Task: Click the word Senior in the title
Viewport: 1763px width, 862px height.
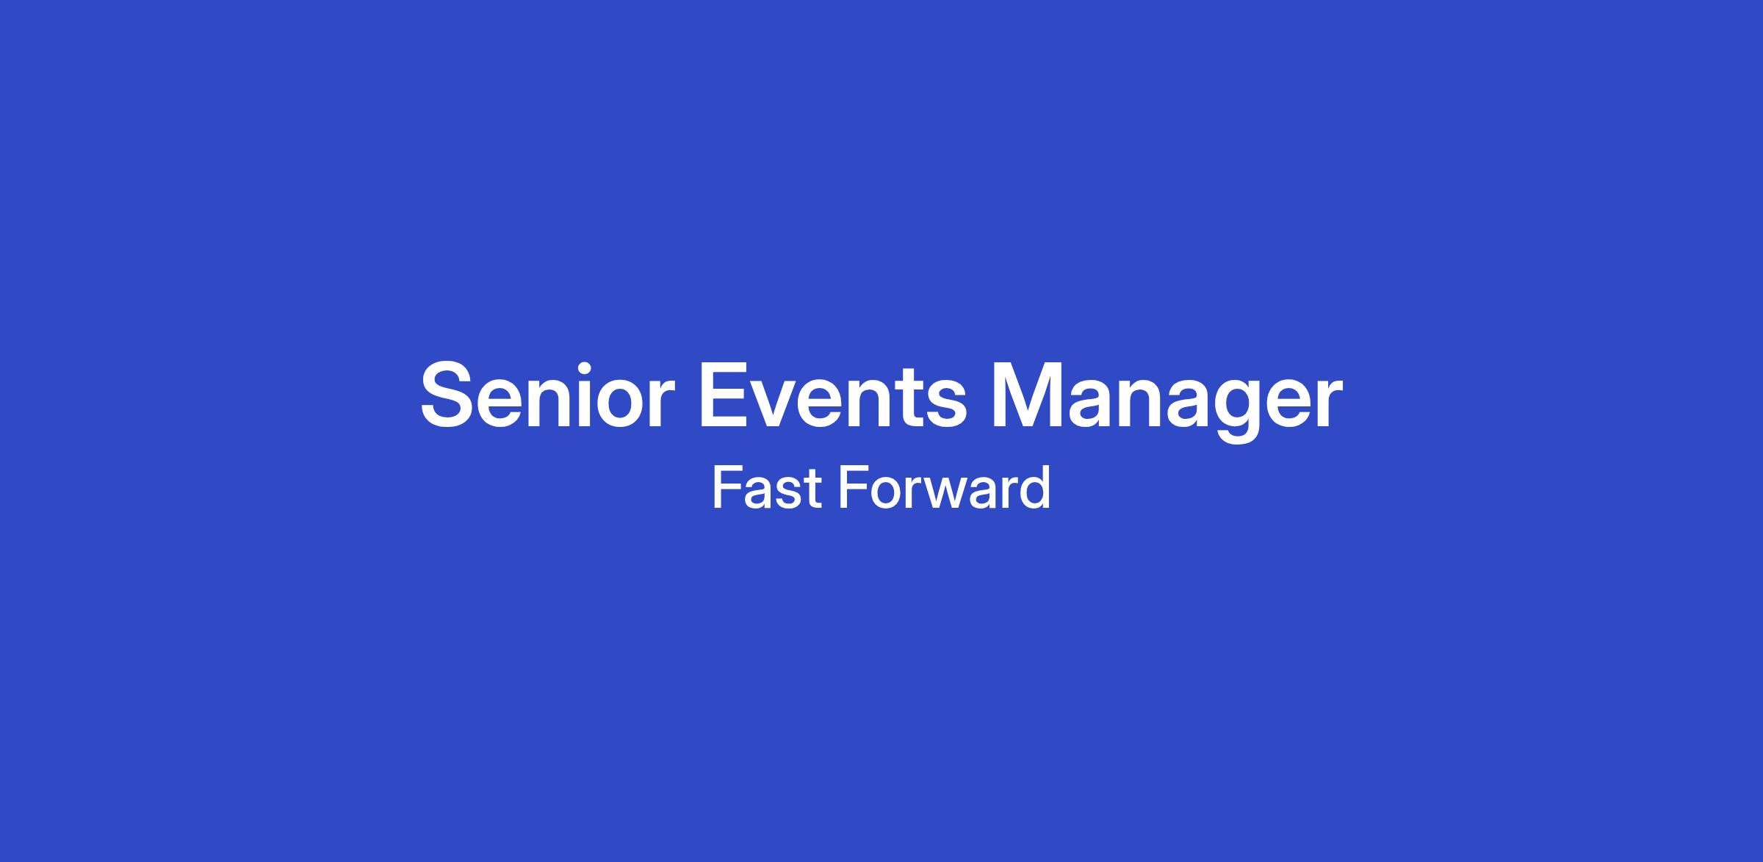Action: (x=547, y=395)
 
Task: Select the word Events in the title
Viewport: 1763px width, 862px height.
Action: (x=833, y=395)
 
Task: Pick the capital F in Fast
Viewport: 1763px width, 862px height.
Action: (x=727, y=487)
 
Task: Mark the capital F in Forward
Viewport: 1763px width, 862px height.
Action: (x=854, y=487)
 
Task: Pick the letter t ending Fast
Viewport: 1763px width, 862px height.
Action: (x=811, y=489)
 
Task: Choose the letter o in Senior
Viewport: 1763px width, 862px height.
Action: (x=624, y=405)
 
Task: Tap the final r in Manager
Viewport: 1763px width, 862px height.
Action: (x=1328, y=403)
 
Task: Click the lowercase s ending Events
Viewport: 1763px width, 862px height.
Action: (x=947, y=405)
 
